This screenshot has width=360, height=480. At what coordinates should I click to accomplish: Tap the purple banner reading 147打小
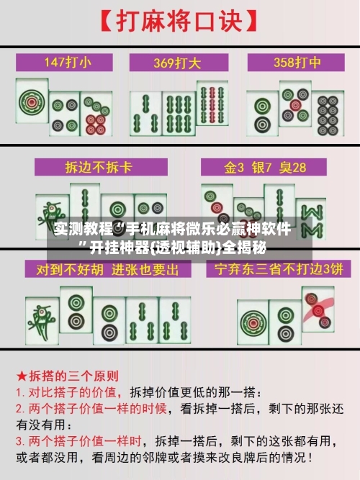click(68, 62)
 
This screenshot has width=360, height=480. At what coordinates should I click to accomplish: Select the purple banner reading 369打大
click(180, 62)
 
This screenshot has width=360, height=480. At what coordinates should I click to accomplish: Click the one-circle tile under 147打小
click(32, 104)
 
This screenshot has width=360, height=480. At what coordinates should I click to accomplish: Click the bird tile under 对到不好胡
click(40, 317)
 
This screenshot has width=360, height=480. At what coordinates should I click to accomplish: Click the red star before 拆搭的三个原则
click(22, 376)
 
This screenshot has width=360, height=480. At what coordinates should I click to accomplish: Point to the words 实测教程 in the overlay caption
click(76, 230)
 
